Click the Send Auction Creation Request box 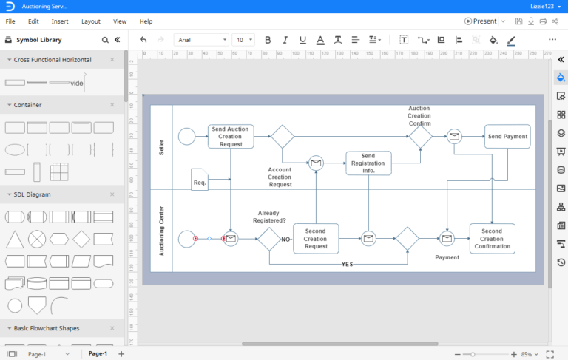point(231,137)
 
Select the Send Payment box point(507,137)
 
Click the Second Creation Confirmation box point(492,238)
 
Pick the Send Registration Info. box point(368,163)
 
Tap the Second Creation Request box point(316,238)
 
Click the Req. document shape point(200,180)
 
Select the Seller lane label point(161,147)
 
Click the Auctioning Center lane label point(161,231)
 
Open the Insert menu point(60,21)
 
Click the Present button point(481,21)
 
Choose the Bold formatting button point(267,40)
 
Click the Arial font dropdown point(201,40)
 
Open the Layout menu point(91,21)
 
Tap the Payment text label point(447,257)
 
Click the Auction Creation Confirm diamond point(420,136)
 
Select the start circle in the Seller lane point(187,137)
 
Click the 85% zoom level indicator point(526,354)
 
